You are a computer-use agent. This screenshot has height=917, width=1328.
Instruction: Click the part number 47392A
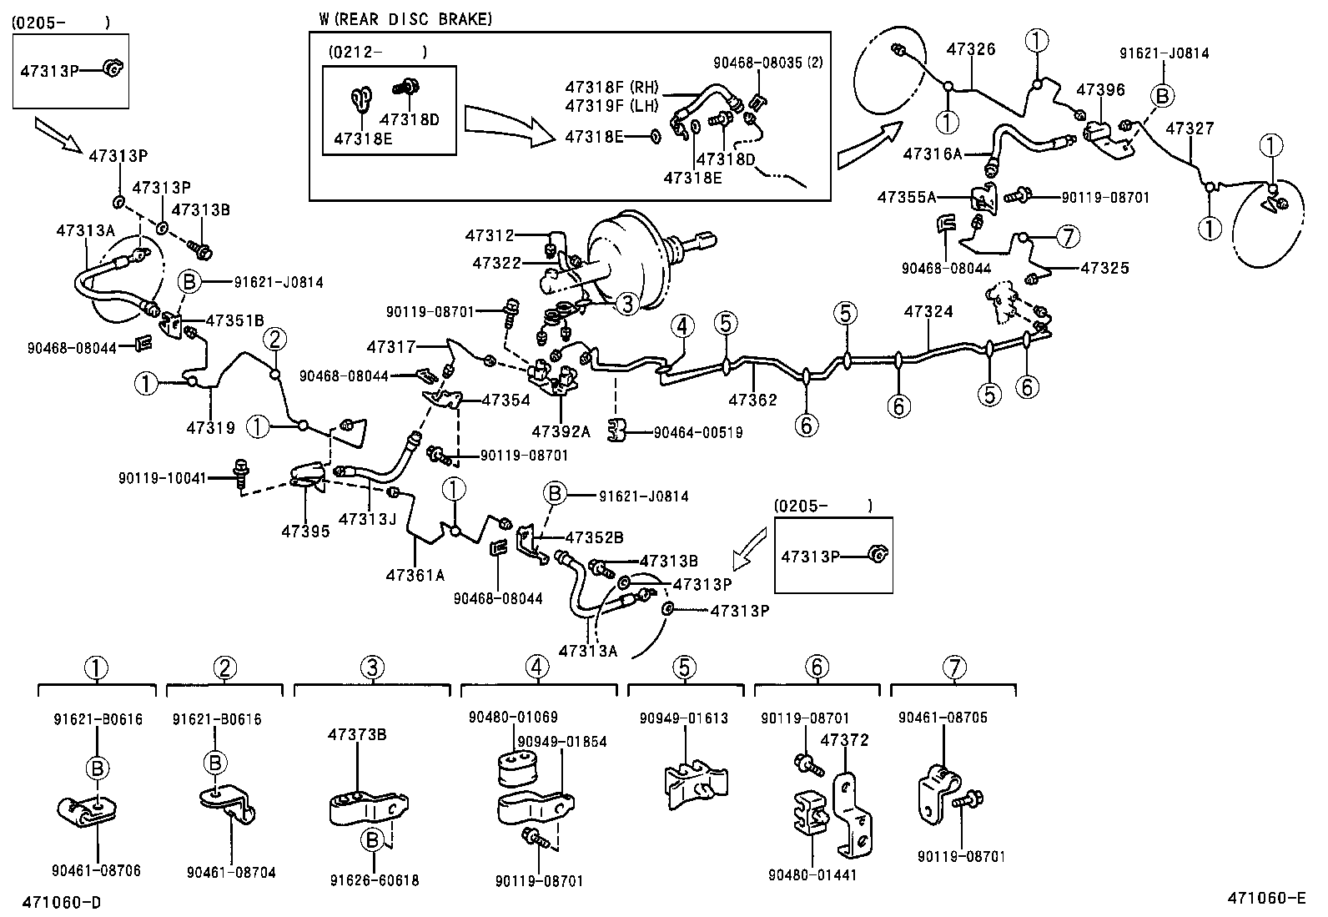point(561,431)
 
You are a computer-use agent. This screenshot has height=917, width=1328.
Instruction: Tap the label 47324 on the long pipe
point(928,311)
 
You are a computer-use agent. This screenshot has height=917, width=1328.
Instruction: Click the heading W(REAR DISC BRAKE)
point(405,18)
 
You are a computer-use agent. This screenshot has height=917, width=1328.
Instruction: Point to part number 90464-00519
point(697,432)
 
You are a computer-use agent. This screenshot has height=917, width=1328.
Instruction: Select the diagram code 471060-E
point(1265,898)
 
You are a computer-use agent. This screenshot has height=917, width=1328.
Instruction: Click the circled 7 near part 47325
point(1067,237)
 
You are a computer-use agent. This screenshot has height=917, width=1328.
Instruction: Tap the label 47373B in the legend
point(357,734)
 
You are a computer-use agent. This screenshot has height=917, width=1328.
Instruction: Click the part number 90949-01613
point(684,718)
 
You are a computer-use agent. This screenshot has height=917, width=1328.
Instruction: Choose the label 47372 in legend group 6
point(844,740)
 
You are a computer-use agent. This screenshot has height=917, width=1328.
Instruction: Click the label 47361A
point(415,574)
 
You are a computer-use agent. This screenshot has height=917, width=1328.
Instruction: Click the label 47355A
point(907,197)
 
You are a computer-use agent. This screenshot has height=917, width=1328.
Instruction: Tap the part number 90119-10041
point(162,478)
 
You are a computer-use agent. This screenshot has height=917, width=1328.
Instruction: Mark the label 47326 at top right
point(971,49)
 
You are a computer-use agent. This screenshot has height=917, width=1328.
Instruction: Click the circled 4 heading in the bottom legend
point(538,667)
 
